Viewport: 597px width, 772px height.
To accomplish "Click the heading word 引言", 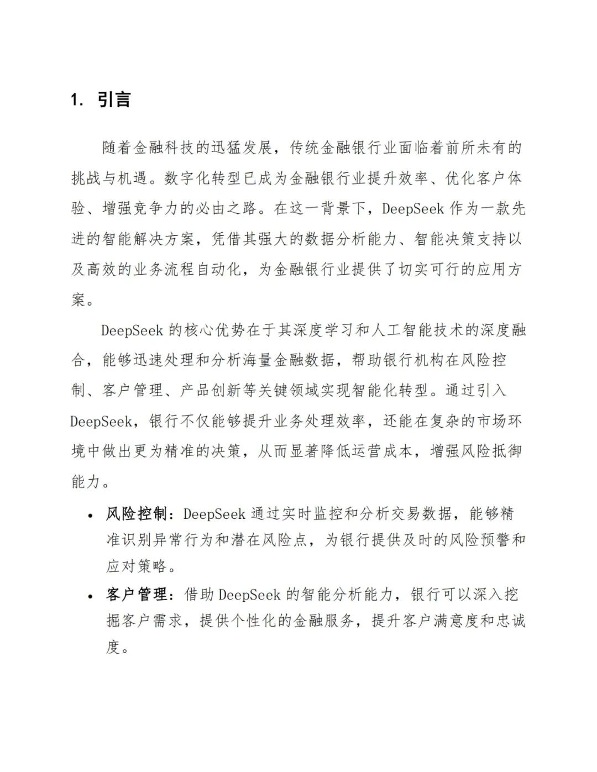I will point(114,99).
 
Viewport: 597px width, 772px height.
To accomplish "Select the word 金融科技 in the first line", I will point(165,148).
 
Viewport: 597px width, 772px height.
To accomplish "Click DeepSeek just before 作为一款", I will point(413,208).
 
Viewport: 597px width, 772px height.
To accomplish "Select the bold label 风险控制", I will point(137,513).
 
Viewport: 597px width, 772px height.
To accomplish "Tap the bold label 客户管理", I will point(137,595).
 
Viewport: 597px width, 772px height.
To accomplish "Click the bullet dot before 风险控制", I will point(90,515).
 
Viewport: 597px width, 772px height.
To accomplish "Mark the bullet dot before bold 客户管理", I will point(90,596).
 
